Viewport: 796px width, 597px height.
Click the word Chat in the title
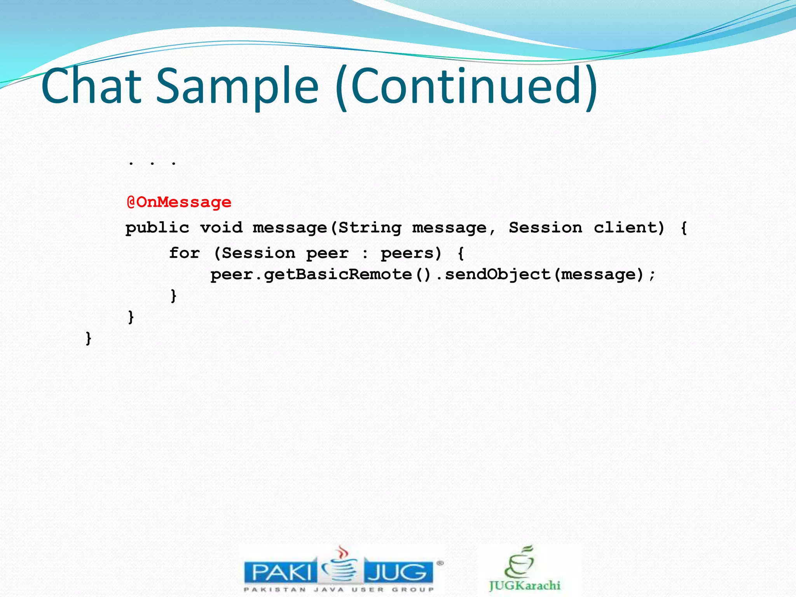(x=91, y=86)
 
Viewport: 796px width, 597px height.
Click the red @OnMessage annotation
(x=179, y=202)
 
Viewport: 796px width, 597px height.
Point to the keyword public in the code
(x=157, y=228)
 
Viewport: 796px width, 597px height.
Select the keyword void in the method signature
(x=221, y=228)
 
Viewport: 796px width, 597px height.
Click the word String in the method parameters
(x=370, y=228)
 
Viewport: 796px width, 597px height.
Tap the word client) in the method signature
(x=629, y=228)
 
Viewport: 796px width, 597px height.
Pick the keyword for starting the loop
(x=184, y=253)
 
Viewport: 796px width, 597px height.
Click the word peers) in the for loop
(x=411, y=253)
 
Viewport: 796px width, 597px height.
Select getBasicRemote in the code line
(x=338, y=275)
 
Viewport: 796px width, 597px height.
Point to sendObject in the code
(x=498, y=275)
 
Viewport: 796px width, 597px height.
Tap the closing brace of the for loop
(x=173, y=296)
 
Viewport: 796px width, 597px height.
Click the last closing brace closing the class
(x=88, y=338)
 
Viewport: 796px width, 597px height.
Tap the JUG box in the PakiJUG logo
(x=398, y=572)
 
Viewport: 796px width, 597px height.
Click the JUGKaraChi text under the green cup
(x=525, y=585)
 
